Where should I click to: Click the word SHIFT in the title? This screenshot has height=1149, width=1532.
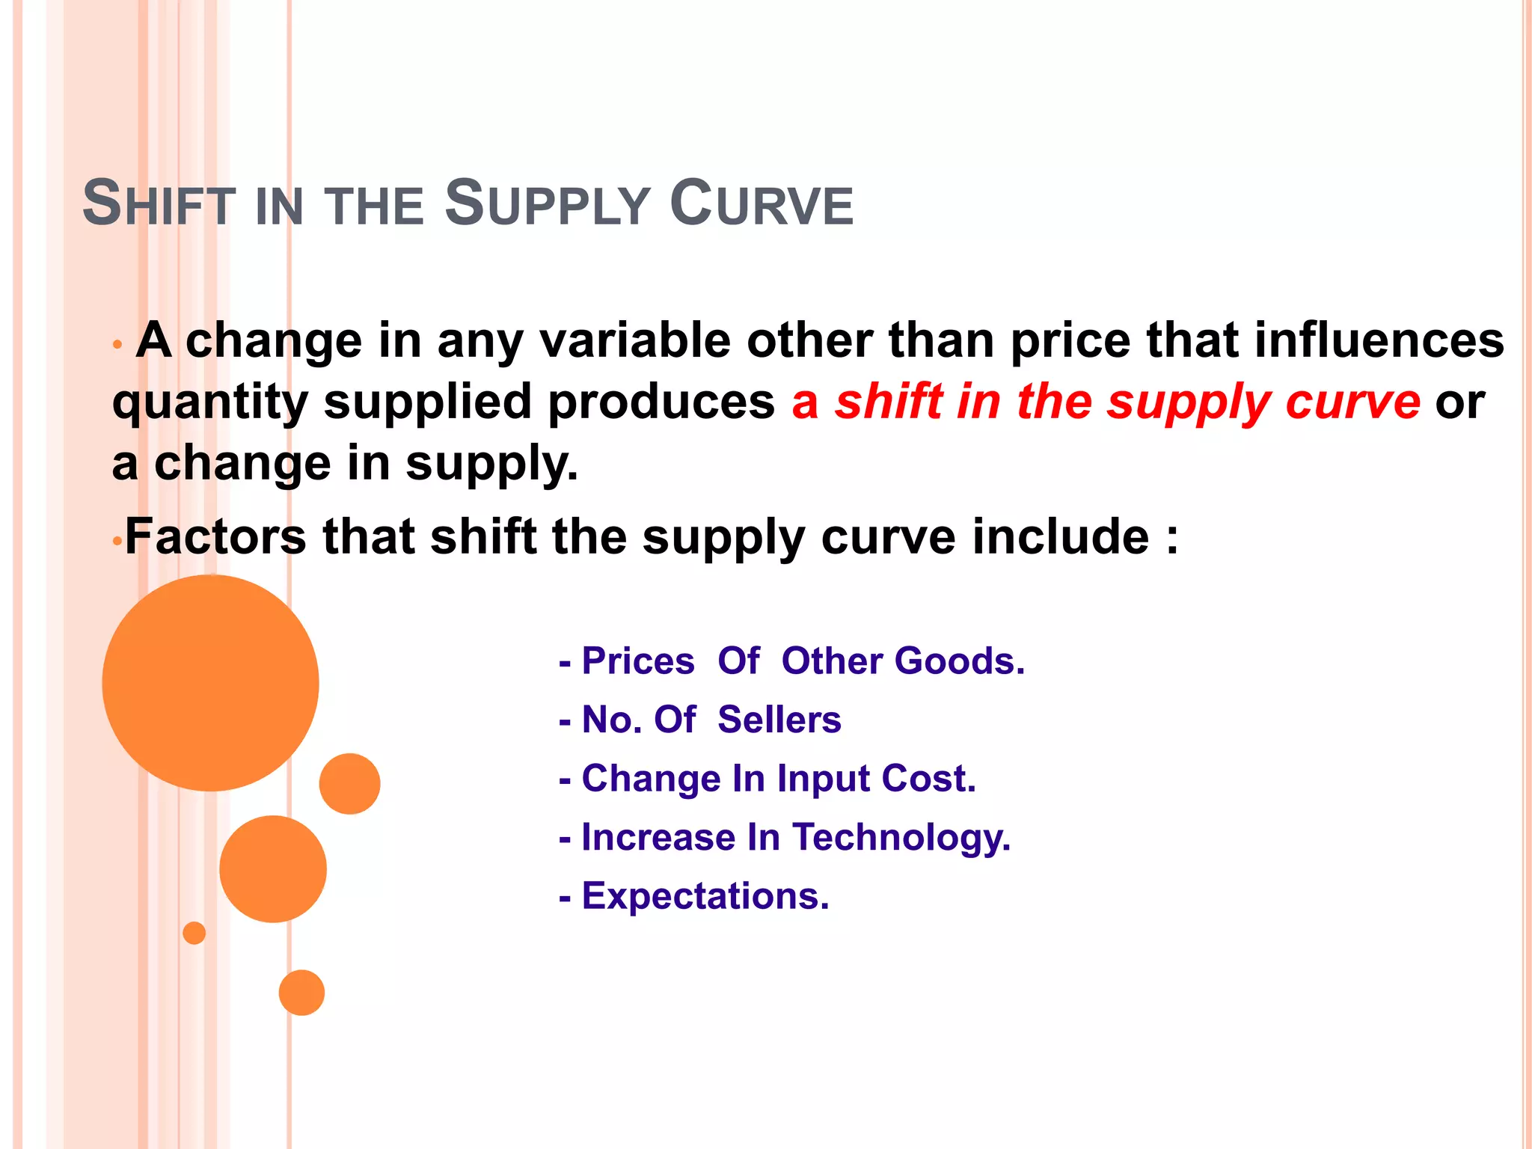click(159, 203)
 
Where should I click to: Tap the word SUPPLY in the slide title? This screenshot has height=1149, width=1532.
click(547, 203)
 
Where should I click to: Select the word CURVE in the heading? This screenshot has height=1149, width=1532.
click(761, 203)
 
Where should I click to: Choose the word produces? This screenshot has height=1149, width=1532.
click(661, 402)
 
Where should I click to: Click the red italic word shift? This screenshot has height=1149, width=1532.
click(889, 402)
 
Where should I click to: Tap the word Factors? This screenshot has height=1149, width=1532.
click(215, 537)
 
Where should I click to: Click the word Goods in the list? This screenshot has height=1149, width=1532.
click(958, 661)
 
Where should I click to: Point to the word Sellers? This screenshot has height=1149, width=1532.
click(779, 720)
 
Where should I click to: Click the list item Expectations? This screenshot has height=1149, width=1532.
click(705, 896)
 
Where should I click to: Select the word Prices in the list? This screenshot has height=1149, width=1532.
click(638, 661)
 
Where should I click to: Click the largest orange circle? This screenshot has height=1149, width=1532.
click(210, 683)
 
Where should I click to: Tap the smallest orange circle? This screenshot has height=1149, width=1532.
click(194, 933)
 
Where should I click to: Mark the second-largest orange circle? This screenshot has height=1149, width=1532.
click(273, 868)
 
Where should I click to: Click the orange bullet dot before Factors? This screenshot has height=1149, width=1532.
click(116, 541)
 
